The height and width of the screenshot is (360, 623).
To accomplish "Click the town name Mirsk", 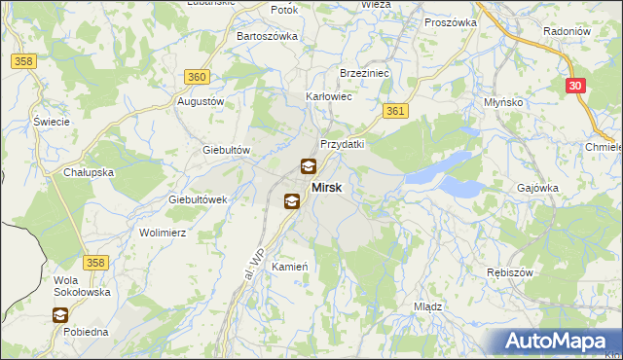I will [326, 187].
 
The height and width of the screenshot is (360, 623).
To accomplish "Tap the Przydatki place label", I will [342, 143].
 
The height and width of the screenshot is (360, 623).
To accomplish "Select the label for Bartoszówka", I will [267, 36].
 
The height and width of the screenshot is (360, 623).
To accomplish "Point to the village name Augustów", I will [201, 101].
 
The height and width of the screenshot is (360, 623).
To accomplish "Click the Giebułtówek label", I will [198, 198].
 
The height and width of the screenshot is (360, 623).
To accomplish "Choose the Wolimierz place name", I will [163, 234].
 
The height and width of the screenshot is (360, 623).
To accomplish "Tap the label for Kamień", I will [291, 267].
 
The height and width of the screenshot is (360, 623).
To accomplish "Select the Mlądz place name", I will [428, 306].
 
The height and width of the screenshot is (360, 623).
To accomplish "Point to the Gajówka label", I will [537, 187].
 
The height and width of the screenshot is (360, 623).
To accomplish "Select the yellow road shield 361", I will [394, 112].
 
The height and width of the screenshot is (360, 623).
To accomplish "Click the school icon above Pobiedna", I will [60, 314].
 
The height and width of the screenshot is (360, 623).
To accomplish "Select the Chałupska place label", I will [90, 172].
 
